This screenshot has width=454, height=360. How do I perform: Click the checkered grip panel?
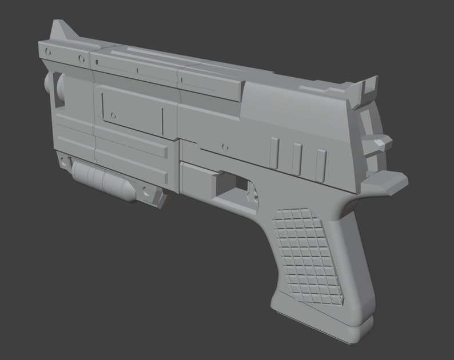point(306,254)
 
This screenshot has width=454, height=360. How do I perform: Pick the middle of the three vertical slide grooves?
point(296,158)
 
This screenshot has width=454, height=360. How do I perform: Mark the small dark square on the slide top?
point(138,71)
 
